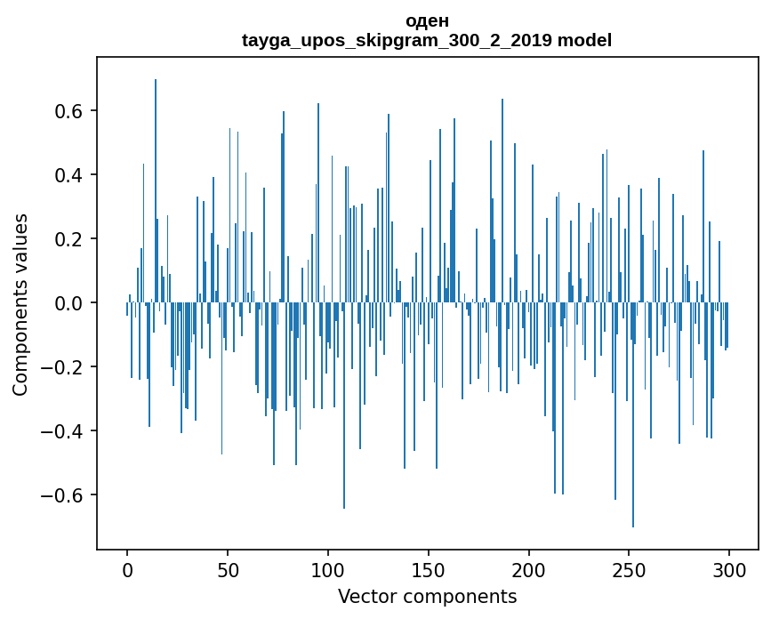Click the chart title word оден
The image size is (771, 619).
pyautogui.click(x=427, y=20)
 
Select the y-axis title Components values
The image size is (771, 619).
pyautogui.click(x=20, y=304)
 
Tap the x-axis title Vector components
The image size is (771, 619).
pyautogui.click(x=427, y=597)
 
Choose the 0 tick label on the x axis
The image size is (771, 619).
pyautogui.click(x=127, y=569)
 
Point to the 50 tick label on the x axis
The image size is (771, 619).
pyautogui.click(x=228, y=569)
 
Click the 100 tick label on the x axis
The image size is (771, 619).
pyautogui.click(x=328, y=569)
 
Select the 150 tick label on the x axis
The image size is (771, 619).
pyautogui.click(x=429, y=569)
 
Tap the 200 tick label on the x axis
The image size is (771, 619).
pyautogui.click(x=529, y=569)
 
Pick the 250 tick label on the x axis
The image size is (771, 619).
pyautogui.click(x=630, y=569)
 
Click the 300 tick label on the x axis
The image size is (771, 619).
pyautogui.click(x=730, y=569)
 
